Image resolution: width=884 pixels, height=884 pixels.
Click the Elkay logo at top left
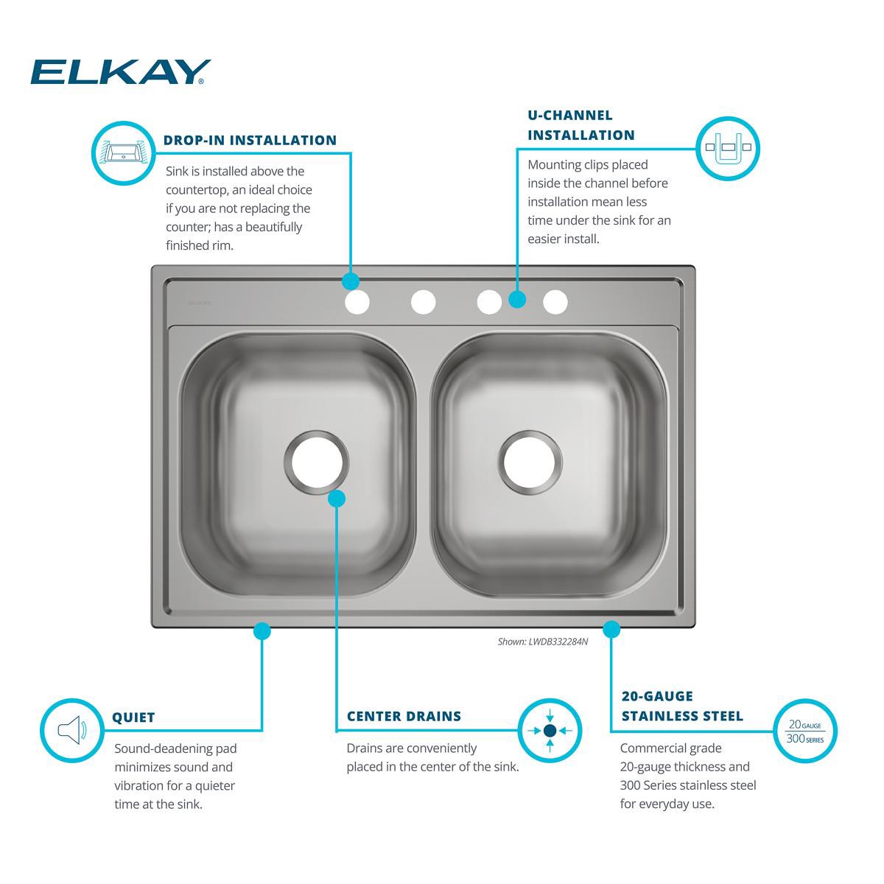pos(121,72)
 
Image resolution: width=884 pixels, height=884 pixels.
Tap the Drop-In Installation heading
pos(250,140)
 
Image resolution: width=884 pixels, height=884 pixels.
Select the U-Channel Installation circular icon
pos(727,147)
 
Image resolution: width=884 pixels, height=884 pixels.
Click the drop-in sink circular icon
pos(123,152)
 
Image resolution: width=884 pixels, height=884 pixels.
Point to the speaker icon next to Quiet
pos(71,730)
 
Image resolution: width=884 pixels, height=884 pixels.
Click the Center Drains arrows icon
pos(550,730)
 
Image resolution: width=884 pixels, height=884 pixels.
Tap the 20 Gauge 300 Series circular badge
pos(804,730)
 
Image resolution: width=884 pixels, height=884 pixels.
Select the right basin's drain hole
pos(532,462)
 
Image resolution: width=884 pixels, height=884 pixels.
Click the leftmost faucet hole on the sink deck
pos(357,302)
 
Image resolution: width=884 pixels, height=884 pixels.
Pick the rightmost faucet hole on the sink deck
pos(555,302)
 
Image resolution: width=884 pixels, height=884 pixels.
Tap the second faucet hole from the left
pos(424,301)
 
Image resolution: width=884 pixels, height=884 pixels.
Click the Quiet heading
pos(133,718)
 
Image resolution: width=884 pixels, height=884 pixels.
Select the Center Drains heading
pos(404,716)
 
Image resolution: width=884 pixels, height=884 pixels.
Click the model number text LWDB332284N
pos(558,642)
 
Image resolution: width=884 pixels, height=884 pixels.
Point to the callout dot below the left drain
pos(336,499)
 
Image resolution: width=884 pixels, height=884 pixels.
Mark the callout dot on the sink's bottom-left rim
pos(262,631)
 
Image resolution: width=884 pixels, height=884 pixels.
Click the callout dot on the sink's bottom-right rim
pos(611,629)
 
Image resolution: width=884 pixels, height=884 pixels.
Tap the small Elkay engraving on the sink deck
pos(199,302)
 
